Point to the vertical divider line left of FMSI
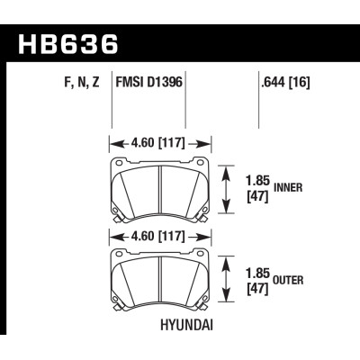pyautogui.click(x=111, y=103)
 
